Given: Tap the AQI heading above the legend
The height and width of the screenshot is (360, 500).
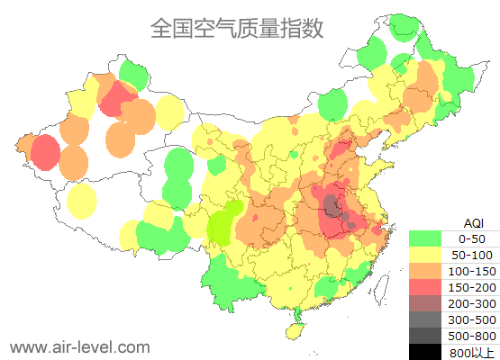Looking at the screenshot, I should click(x=472, y=222).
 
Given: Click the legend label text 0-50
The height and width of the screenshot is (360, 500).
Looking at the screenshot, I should click(x=472, y=238).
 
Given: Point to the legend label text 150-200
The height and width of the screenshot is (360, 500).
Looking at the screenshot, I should click(x=472, y=287).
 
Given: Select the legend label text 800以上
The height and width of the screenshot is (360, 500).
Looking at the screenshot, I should click(x=472, y=352).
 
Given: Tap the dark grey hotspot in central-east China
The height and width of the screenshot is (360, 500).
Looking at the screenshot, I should click(x=334, y=206).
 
